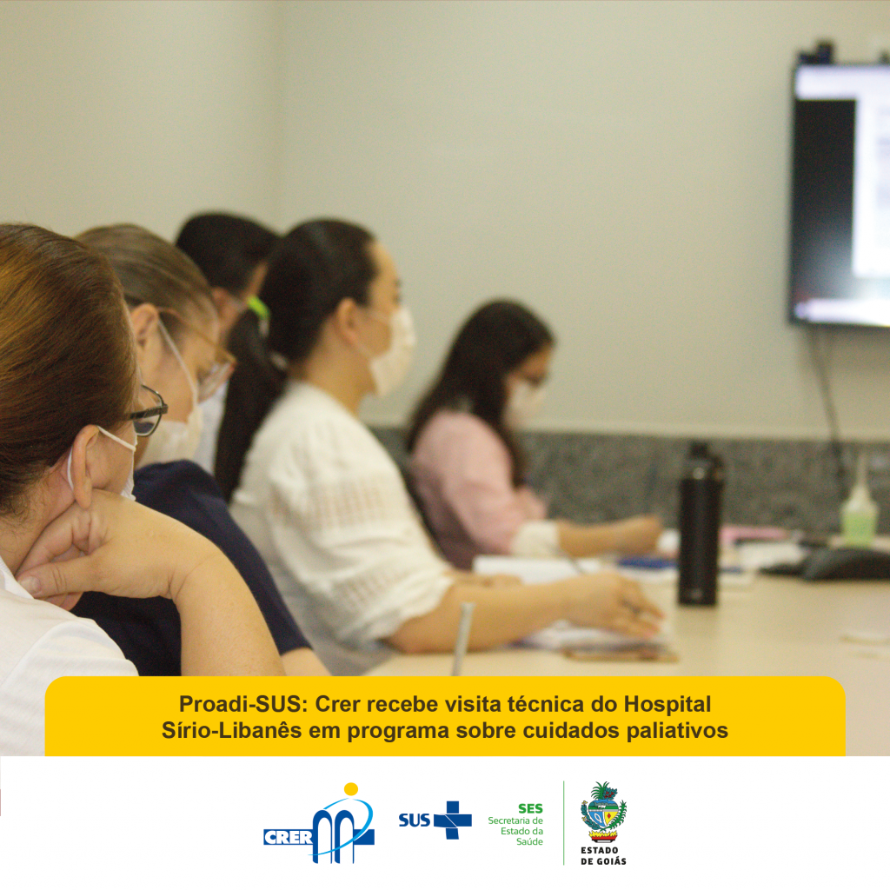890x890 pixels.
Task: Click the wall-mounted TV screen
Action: point(840,193)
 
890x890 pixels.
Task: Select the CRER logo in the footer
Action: point(319,823)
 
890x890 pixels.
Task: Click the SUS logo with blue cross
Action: point(435,820)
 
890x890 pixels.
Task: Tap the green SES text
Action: point(530,808)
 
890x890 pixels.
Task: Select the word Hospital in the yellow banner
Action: point(667,705)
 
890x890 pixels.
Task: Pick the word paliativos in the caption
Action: point(677,731)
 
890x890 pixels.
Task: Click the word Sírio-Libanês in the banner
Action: point(231,730)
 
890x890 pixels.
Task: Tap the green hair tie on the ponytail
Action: point(259,309)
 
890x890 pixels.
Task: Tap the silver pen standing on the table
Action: point(462,639)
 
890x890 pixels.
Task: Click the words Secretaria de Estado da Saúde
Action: point(515,831)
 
